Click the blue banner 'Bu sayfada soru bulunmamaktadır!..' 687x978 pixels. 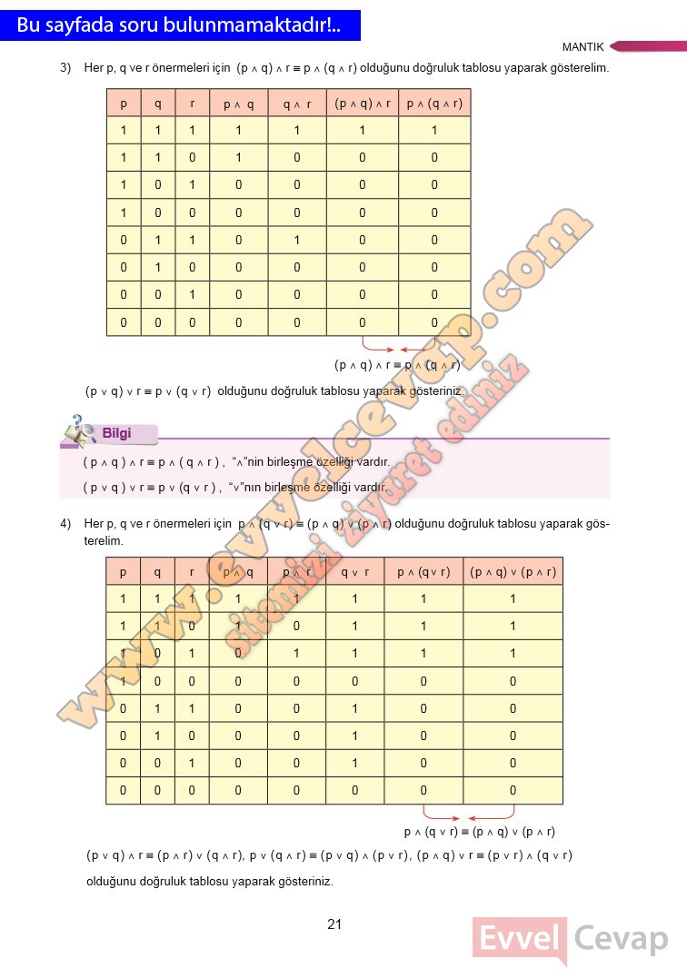(x=179, y=25)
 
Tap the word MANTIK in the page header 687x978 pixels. (x=582, y=47)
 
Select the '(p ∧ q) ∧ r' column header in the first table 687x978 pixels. (x=363, y=104)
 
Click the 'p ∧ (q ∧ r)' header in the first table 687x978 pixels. (x=434, y=104)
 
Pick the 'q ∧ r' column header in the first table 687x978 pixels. (x=296, y=104)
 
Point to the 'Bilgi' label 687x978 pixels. (x=116, y=433)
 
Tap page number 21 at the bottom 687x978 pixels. (x=334, y=924)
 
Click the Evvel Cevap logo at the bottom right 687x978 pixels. (x=571, y=940)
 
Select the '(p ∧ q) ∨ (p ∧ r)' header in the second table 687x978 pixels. (x=513, y=571)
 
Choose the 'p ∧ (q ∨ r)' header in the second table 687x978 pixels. (x=423, y=571)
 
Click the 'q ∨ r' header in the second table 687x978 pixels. (x=354, y=571)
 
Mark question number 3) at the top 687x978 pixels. (x=65, y=68)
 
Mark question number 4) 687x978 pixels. (x=65, y=524)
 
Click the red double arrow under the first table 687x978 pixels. (x=399, y=348)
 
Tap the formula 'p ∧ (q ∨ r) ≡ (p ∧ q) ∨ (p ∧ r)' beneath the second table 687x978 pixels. (x=479, y=832)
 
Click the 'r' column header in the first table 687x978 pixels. (x=192, y=104)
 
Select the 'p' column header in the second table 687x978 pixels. (x=124, y=571)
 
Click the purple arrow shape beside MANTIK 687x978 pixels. (x=647, y=46)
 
